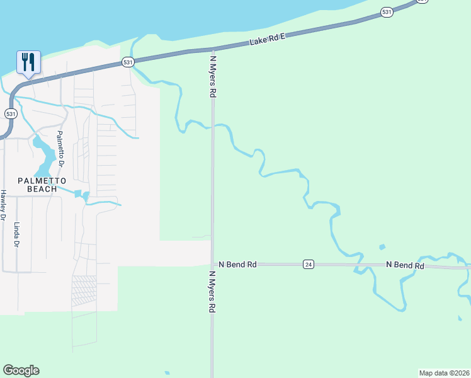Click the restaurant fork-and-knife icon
(x=28, y=62)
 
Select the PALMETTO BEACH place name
(x=42, y=185)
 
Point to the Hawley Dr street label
(x=3, y=205)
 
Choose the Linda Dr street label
(x=17, y=234)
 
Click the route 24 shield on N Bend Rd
(x=308, y=264)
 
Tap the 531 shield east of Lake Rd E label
(x=387, y=12)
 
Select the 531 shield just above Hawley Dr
(x=10, y=113)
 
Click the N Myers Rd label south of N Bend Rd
(x=213, y=293)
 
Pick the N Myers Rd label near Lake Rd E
(x=213, y=75)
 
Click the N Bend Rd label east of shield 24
(x=405, y=265)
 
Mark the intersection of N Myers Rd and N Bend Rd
(x=213, y=265)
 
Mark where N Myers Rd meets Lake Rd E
(x=213, y=49)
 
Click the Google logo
(x=21, y=370)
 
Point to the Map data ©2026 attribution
(x=445, y=372)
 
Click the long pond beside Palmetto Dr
(x=44, y=156)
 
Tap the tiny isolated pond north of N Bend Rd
(x=381, y=247)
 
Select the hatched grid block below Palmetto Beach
(x=84, y=290)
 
